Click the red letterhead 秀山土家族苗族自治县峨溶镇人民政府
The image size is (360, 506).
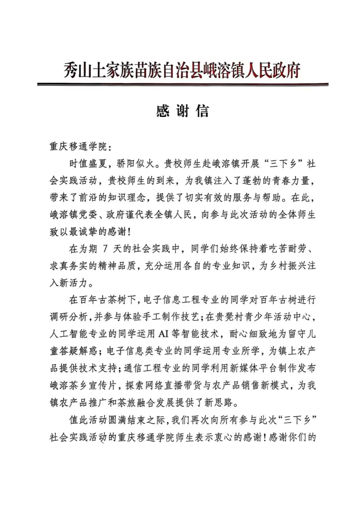pyautogui.click(x=182, y=70)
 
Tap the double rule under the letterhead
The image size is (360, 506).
pyautogui.click(x=183, y=84)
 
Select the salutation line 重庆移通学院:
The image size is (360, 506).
pyautogui.click(x=81, y=147)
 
